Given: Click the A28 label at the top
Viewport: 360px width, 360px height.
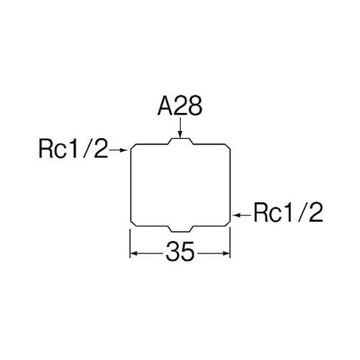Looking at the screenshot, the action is [180, 107].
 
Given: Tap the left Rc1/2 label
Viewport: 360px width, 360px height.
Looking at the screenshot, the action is [73, 149].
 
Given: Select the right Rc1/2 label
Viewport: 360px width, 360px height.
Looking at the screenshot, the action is [288, 212].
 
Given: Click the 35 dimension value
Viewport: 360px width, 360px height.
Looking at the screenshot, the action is [180, 251].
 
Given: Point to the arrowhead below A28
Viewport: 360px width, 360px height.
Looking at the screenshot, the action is [180, 135].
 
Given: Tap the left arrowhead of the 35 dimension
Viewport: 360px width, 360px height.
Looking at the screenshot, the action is [134, 253].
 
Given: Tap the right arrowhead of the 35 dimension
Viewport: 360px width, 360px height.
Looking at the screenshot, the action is [226, 253].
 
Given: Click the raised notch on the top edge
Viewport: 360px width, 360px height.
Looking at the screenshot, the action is [181, 140].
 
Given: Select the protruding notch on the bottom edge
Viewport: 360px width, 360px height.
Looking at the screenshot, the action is [181, 230].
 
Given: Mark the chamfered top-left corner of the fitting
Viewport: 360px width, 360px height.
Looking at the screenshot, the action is [134, 147].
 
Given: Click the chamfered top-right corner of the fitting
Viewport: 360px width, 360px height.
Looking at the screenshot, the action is [228, 147].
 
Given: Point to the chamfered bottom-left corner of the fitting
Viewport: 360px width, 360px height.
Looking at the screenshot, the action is [134, 222].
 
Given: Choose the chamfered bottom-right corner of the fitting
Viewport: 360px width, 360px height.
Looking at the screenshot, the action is [228, 222].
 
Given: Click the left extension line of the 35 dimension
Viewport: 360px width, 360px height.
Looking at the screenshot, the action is [130, 243].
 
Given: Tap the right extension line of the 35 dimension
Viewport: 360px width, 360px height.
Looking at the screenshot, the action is [230, 243].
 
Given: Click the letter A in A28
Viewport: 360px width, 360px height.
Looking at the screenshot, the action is [165, 107].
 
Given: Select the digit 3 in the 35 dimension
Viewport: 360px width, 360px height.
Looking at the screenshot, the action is [172, 251].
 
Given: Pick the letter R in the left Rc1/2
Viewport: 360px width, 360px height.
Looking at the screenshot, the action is [45, 149].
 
